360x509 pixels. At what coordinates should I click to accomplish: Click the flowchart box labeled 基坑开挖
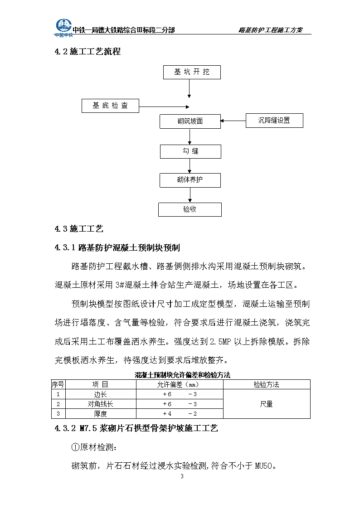tap(192, 72)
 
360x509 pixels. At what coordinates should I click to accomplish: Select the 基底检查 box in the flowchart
tap(110, 106)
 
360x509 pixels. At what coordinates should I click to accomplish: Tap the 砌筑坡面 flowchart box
tap(190, 121)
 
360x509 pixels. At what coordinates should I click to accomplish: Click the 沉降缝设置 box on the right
tap(274, 121)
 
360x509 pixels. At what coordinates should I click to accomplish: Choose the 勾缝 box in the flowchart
tap(190, 151)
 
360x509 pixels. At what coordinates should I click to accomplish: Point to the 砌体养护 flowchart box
tap(190, 180)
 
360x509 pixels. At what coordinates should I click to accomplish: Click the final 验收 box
tap(190, 209)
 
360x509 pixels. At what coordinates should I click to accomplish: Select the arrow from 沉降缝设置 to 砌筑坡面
tap(233, 121)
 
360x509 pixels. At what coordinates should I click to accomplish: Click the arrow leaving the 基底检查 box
tap(164, 107)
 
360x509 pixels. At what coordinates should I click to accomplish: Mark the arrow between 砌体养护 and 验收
tap(190, 195)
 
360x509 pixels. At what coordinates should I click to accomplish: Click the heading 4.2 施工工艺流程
tap(88, 52)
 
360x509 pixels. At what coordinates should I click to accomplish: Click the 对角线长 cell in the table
tap(100, 404)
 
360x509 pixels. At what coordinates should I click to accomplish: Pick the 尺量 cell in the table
tap(267, 404)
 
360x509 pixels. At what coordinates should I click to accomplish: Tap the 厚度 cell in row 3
tap(100, 414)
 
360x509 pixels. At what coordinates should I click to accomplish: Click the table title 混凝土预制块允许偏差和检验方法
tap(182, 375)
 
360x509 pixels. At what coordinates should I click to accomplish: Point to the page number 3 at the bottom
tap(182, 476)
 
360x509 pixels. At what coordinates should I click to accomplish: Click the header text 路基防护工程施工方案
tap(270, 30)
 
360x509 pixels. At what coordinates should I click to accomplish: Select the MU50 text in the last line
tap(263, 466)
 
